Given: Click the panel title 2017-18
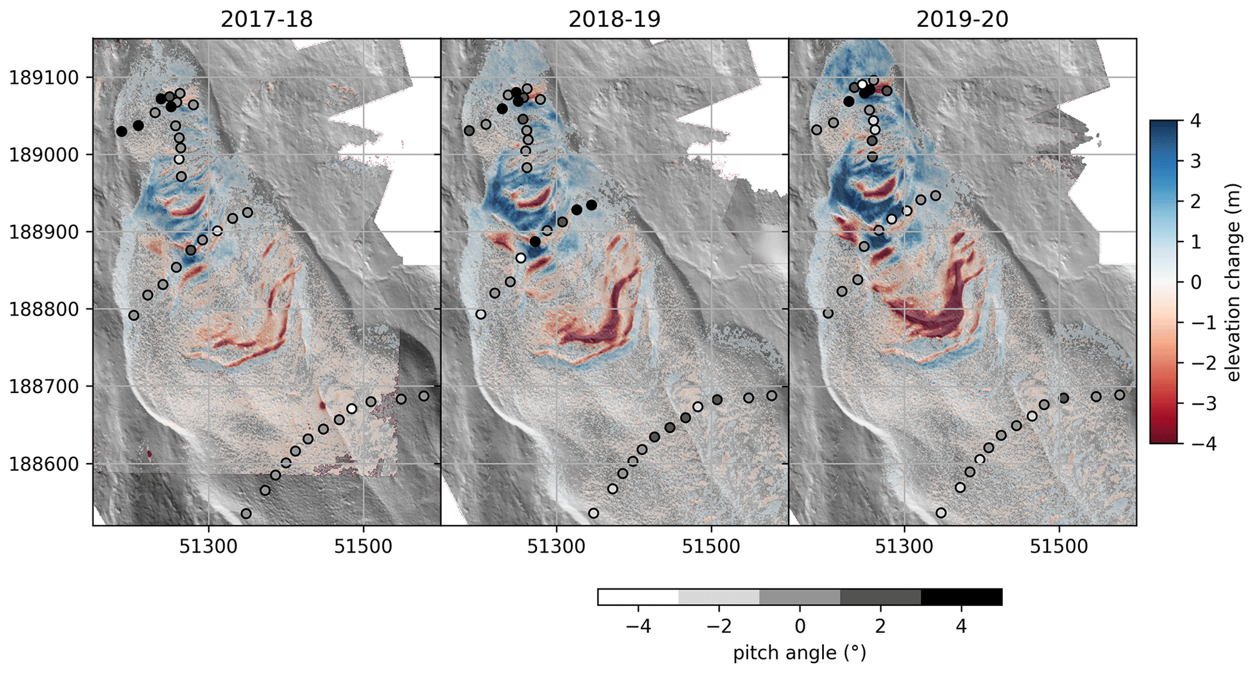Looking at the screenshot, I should pyautogui.click(x=266, y=19).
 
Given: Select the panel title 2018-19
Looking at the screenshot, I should pyautogui.click(x=614, y=19).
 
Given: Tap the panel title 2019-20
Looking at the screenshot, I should pyautogui.click(x=962, y=19).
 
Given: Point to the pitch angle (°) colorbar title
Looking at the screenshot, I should pyautogui.click(x=800, y=653).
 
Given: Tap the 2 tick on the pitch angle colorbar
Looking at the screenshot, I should pyautogui.click(x=880, y=626).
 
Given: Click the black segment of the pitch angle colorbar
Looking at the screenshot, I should pyautogui.click(x=961, y=597).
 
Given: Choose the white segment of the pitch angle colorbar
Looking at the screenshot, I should pyautogui.click(x=638, y=597).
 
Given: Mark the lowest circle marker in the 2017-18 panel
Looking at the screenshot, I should pyautogui.click(x=246, y=514).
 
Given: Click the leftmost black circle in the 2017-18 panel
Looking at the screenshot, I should pyautogui.click(x=121, y=131).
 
